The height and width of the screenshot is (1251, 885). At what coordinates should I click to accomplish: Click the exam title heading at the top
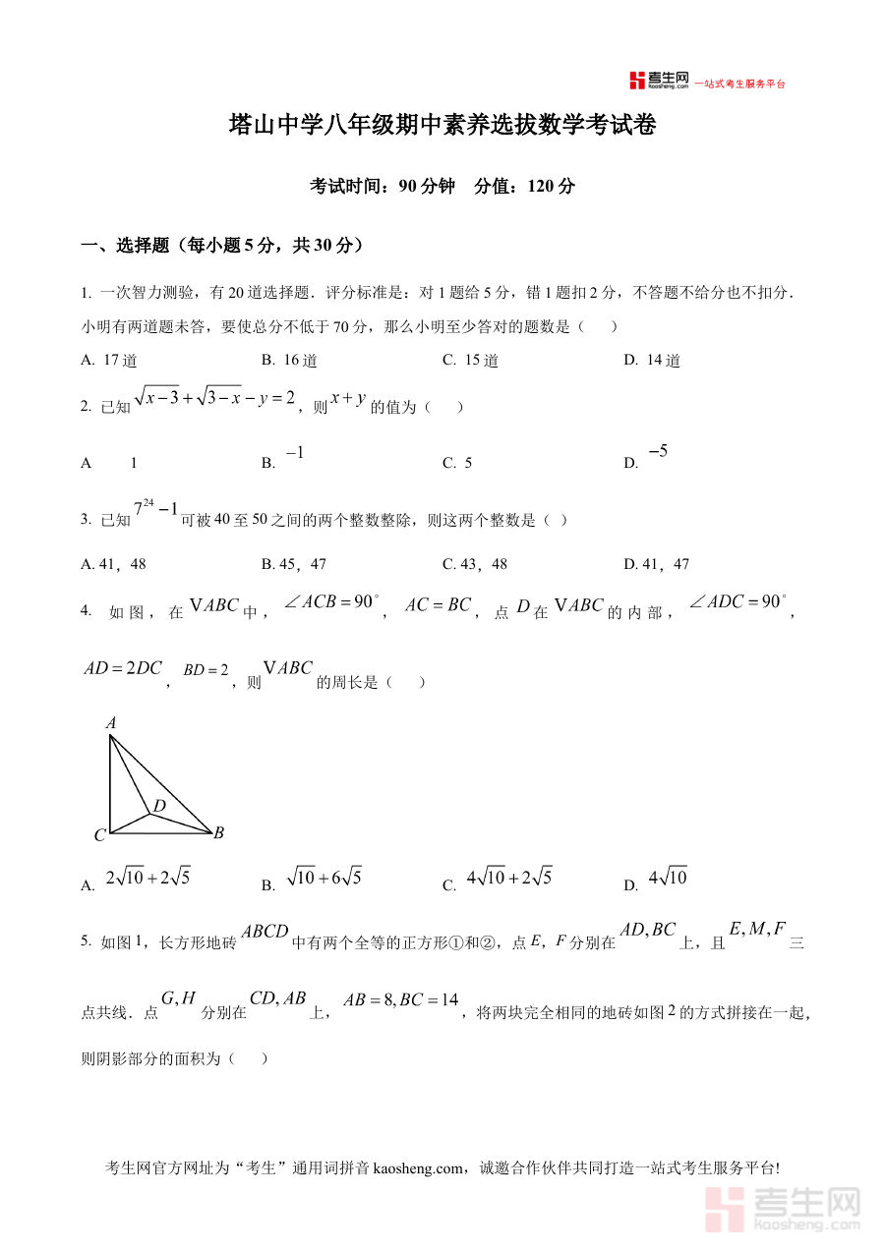[442, 126]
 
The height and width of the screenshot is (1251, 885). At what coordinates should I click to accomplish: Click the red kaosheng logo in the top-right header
[660, 81]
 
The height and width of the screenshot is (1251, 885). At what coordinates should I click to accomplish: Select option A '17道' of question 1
[110, 361]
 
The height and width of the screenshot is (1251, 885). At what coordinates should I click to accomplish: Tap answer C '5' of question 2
[458, 463]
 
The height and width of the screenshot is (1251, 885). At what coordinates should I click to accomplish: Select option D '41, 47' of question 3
[657, 564]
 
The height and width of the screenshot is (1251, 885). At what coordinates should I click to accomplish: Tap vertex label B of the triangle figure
[219, 833]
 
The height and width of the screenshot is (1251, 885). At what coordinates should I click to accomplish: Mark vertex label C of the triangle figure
[99, 836]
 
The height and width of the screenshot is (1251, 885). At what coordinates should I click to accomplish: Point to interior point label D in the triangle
[159, 806]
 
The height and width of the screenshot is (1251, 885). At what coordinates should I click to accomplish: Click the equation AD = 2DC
[123, 668]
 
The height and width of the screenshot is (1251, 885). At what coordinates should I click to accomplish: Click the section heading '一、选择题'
[123, 246]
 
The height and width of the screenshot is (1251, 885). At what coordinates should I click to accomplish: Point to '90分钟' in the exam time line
[428, 187]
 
